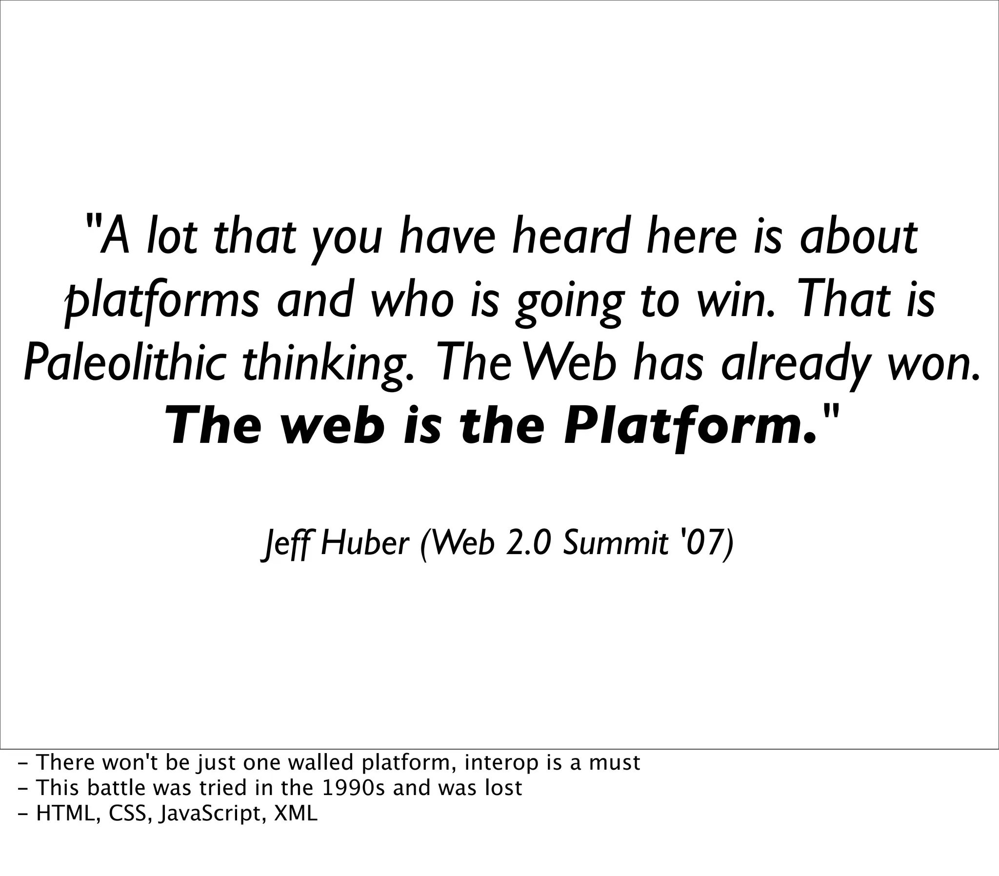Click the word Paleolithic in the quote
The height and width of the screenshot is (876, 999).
[124, 365]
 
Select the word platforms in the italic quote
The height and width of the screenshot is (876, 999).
[162, 300]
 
